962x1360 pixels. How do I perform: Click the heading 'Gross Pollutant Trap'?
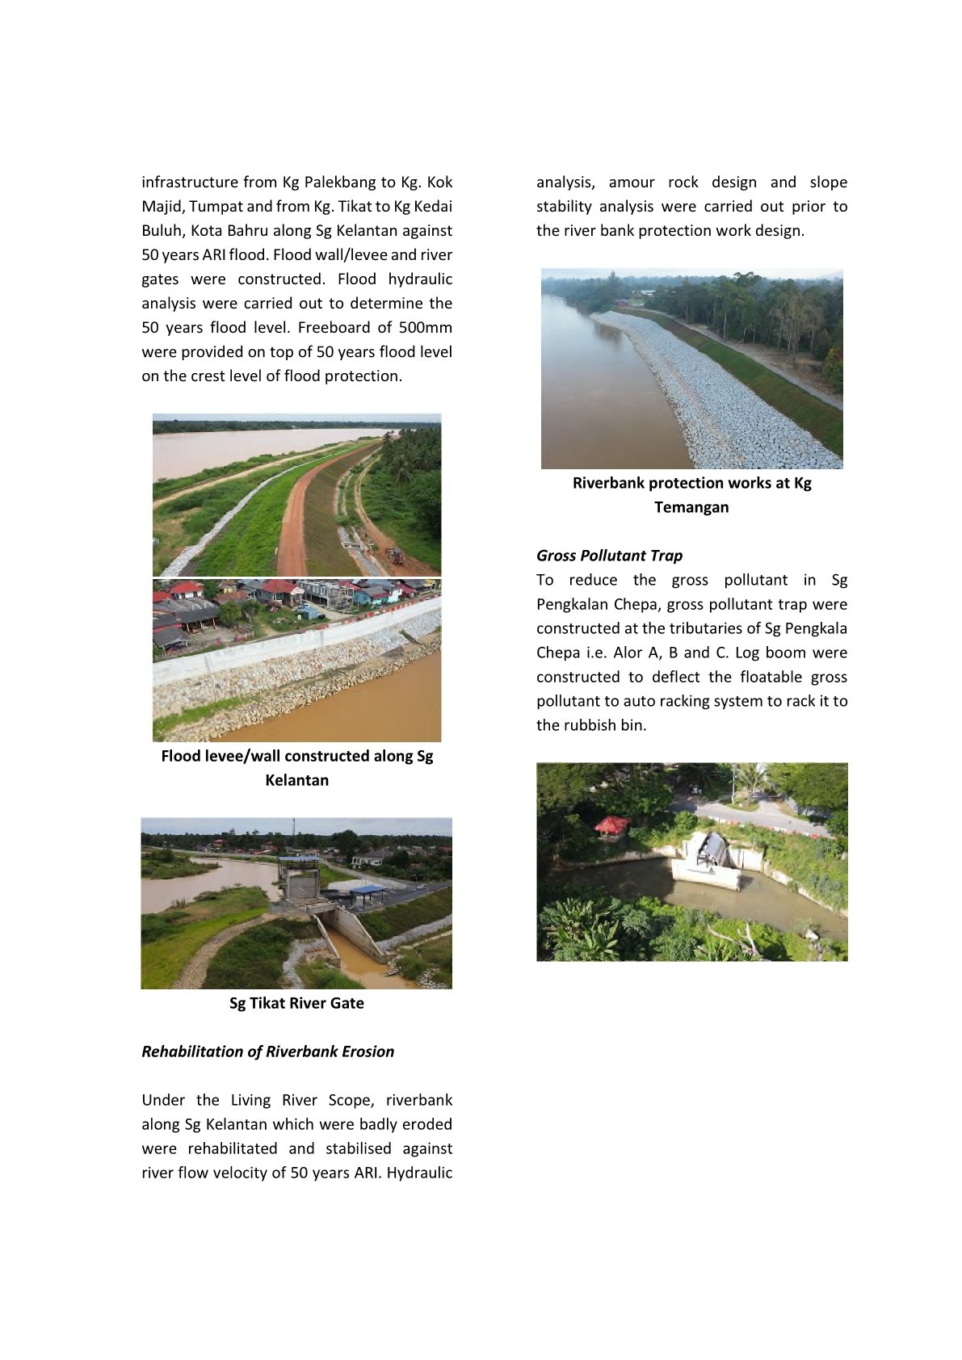point(609,556)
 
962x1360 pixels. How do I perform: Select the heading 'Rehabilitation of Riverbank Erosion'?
point(267,1051)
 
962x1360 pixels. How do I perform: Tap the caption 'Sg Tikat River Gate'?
point(296,1003)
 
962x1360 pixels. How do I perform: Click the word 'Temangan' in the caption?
point(691,507)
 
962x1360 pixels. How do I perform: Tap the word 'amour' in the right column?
point(631,183)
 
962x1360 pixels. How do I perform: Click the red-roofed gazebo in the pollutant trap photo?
point(611,825)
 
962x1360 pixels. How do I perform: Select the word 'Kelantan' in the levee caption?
point(296,780)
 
